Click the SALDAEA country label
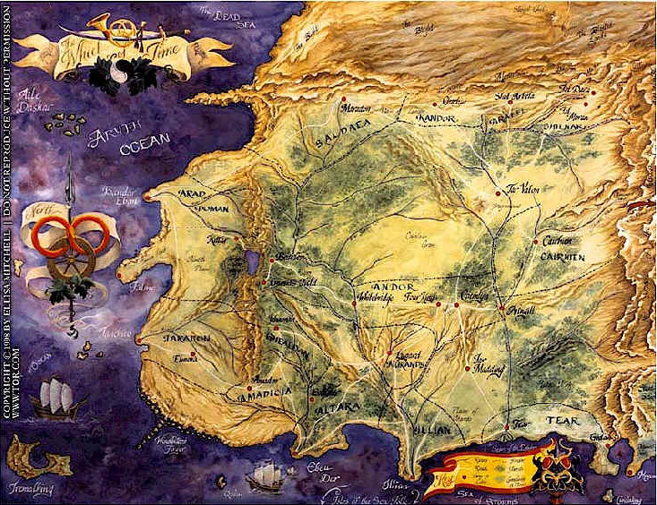click(x=338, y=138)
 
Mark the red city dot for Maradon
click(x=344, y=98)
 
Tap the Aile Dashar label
click(x=39, y=97)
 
